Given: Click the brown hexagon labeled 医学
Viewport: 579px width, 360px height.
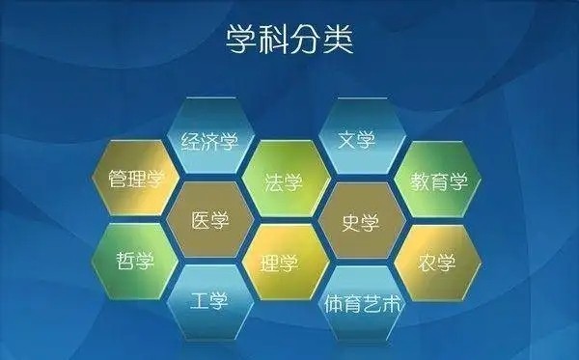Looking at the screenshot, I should point(209,221).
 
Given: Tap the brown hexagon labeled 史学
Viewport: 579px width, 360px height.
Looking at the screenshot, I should point(361,221).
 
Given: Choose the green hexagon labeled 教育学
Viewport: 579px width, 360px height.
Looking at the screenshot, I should point(439,180).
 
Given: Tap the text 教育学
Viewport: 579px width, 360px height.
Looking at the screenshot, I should point(439,180).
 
